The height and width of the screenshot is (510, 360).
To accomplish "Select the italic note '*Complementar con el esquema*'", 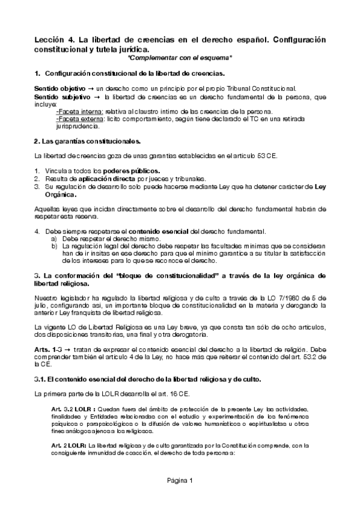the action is pyautogui.click(x=180, y=58).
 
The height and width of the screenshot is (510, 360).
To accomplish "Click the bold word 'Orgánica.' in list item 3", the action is pyautogui.click(x=61, y=195).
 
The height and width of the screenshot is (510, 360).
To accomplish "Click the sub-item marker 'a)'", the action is pyautogui.click(x=54, y=239).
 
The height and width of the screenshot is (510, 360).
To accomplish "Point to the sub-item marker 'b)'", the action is pyautogui.click(x=54, y=246).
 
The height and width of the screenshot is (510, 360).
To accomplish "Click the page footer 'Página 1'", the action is pyautogui.click(x=180, y=480).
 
